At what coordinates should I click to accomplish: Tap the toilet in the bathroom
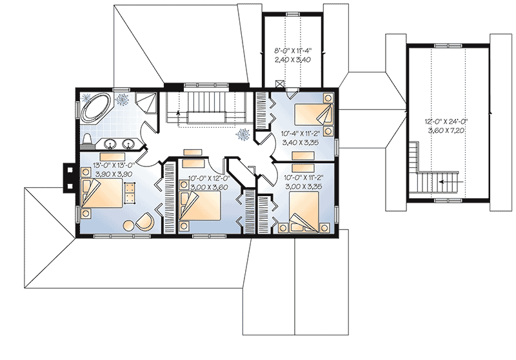(x=87, y=140)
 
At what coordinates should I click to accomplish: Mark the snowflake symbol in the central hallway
(x=244, y=135)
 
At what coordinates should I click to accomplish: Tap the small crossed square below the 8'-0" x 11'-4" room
(x=279, y=83)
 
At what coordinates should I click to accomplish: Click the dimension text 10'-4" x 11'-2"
(x=299, y=135)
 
